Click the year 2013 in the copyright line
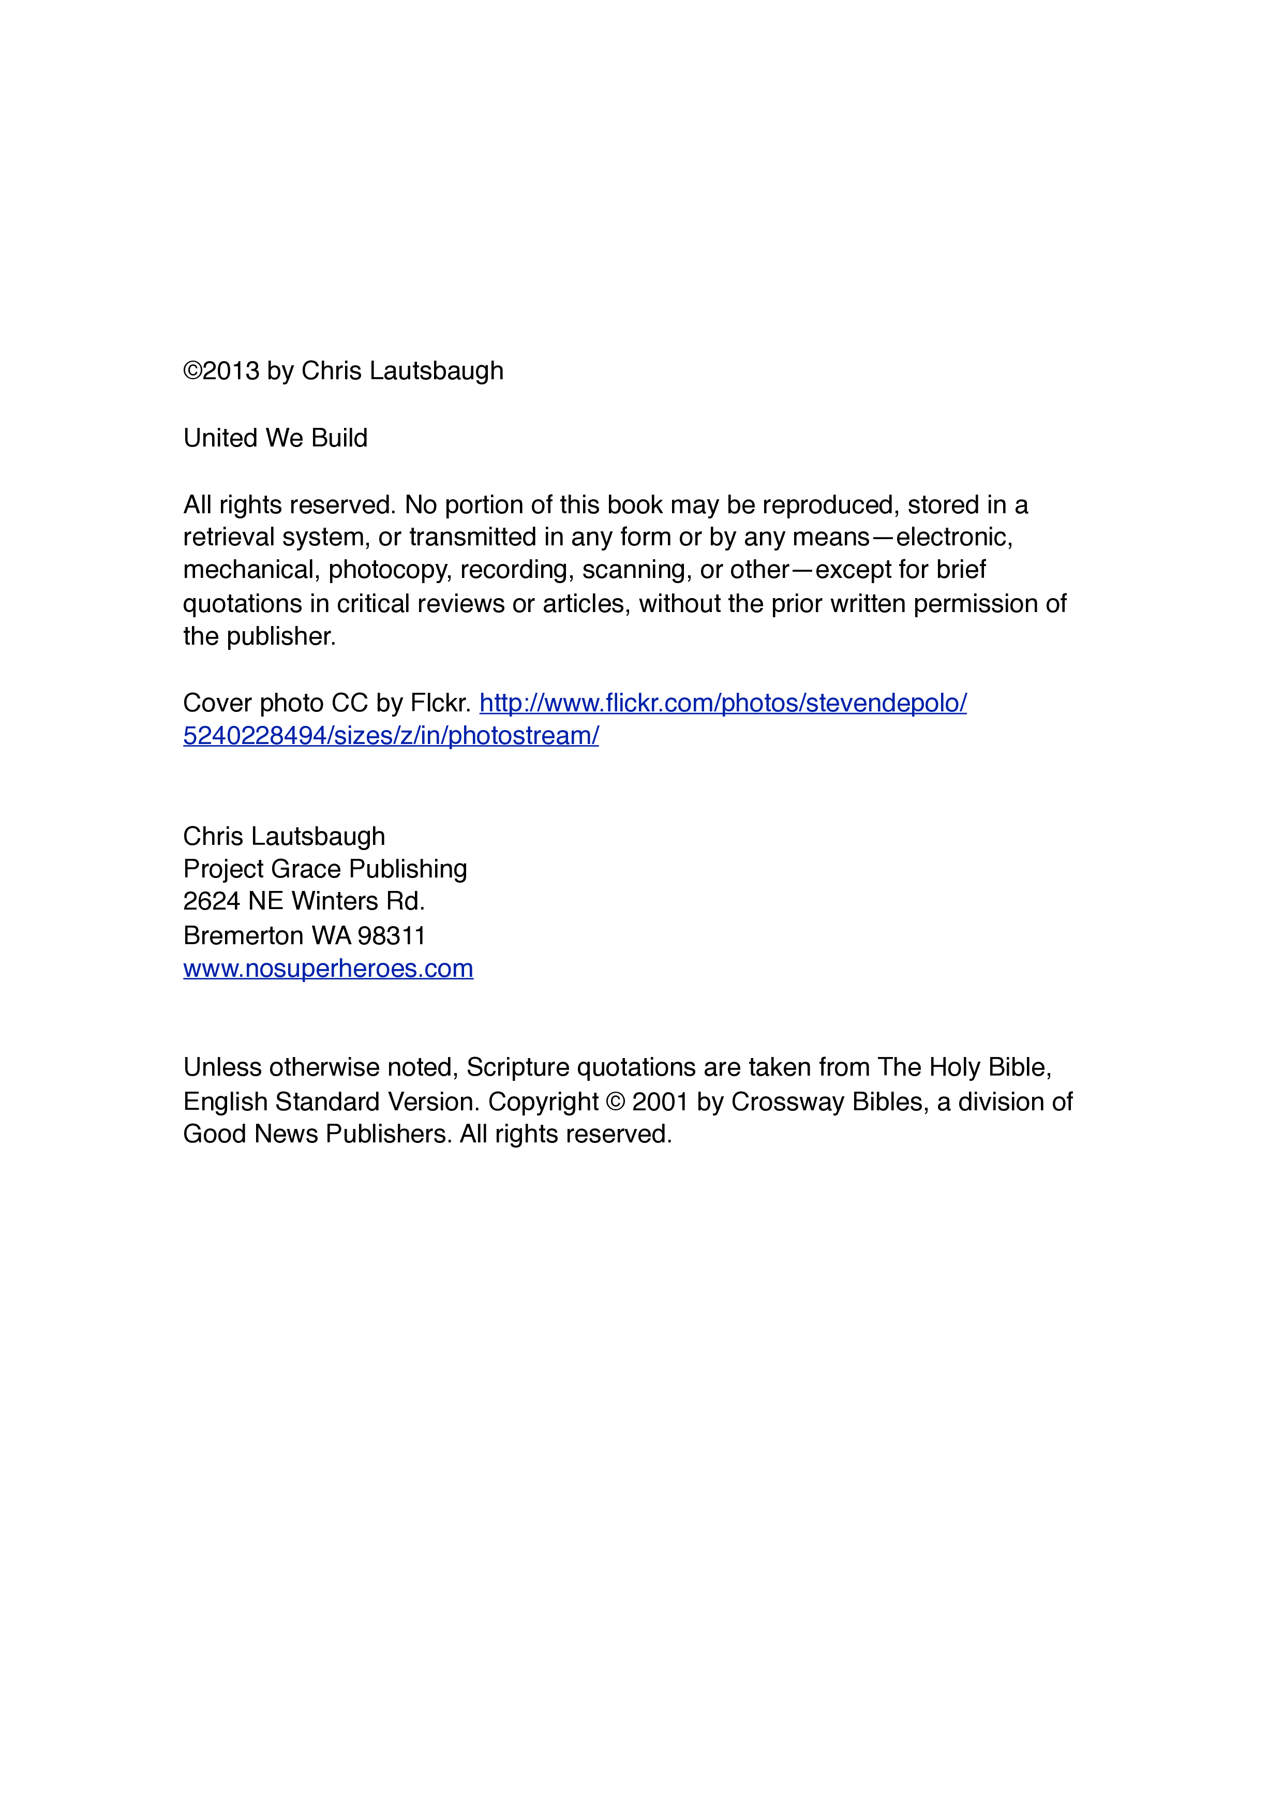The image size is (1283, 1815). pyautogui.click(x=230, y=371)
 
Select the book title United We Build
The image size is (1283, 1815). pyautogui.click(x=275, y=438)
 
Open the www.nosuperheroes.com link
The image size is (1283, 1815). pyautogui.click(x=328, y=969)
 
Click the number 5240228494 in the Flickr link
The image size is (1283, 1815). pyautogui.click(x=255, y=736)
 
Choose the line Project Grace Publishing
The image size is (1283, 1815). pyautogui.click(x=325, y=869)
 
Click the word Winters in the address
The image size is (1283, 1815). pyautogui.click(x=334, y=901)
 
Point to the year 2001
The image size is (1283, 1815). pyautogui.click(x=660, y=1102)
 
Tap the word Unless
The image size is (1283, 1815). pyautogui.click(x=222, y=1068)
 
